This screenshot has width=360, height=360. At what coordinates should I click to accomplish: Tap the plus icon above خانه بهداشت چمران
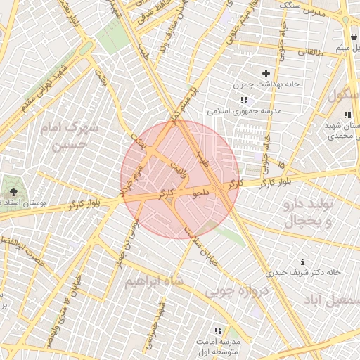pyautogui.click(x=266, y=73)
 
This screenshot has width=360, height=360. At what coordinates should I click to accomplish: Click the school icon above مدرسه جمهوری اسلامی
pyautogui.click(x=244, y=100)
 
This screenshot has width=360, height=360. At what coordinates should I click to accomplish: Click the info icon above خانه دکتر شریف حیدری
pyautogui.click(x=302, y=262)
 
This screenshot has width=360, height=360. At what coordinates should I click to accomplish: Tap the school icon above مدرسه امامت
pyautogui.click(x=218, y=329)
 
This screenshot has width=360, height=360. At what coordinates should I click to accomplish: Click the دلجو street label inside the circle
pyautogui.click(x=202, y=193)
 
